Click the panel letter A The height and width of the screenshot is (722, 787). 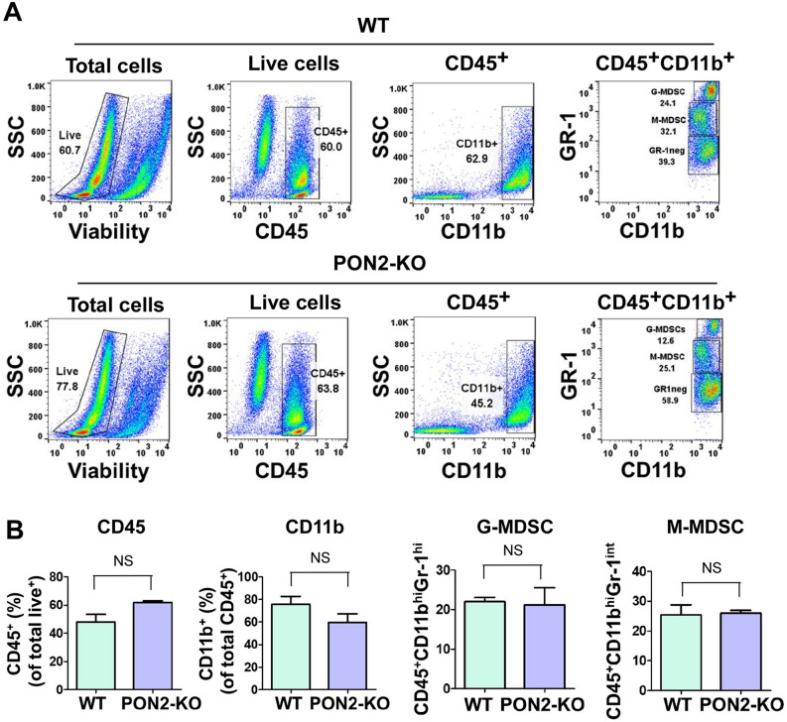coord(14,13)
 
